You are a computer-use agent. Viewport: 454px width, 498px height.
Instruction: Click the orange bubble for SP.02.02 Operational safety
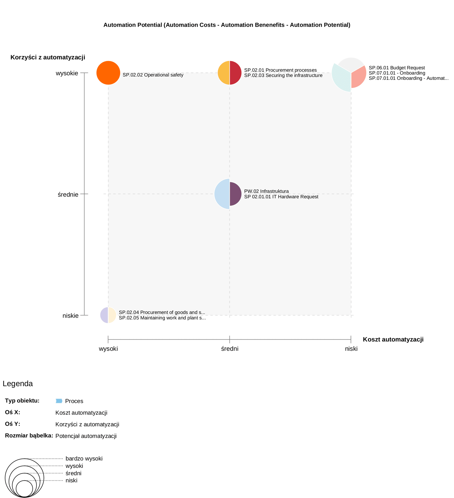click(108, 73)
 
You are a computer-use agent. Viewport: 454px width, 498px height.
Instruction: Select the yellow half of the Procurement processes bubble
click(224, 73)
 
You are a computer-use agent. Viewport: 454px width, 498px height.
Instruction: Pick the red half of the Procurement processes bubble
click(235, 73)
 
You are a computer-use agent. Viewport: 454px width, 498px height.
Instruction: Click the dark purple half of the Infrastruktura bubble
click(235, 194)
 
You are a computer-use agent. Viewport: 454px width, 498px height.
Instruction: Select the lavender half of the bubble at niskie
click(104, 315)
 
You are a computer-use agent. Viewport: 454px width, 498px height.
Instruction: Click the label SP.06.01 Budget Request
click(396, 68)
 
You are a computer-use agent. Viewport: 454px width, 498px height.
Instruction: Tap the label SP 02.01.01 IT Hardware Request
click(281, 197)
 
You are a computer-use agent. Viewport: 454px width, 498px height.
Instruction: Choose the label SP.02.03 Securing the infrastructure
click(283, 75)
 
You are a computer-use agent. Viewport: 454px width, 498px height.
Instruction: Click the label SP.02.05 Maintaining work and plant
click(162, 318)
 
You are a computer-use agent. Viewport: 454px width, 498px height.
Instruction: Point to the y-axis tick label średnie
click(68, 194)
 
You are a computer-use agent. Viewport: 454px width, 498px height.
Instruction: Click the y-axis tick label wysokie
click(67, 73)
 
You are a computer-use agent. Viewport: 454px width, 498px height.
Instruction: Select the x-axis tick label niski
click(351, 349)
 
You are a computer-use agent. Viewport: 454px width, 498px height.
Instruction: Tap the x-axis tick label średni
click(230, 349)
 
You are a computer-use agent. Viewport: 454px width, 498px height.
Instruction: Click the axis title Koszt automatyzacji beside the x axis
click(393, 339)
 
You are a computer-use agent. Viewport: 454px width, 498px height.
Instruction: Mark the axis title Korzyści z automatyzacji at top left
click(48, 57)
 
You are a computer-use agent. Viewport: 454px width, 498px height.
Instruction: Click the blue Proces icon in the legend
click(59, 401)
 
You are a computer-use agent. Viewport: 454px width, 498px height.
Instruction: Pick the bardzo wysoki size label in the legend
click(84, 458)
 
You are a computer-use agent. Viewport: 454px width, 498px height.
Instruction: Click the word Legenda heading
click(18, 384)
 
